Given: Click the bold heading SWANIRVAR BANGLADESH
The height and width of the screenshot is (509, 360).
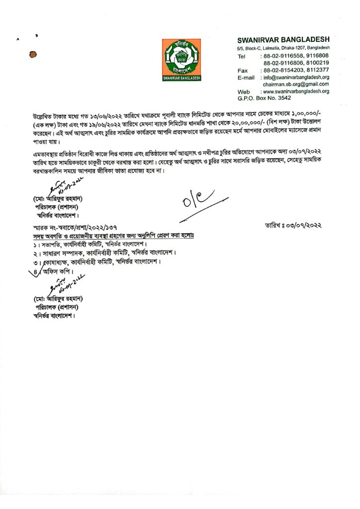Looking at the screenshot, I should pos(283,39).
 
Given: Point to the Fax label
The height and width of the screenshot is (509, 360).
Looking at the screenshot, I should pos(242,70).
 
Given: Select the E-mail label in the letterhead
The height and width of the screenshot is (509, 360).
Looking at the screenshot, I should pos(246,78).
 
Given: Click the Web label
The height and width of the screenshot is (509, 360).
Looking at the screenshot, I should pos(243,92).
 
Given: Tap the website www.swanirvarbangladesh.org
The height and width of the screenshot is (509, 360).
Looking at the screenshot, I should pos(295,92).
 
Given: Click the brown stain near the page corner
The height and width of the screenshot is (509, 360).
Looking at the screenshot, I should pos(33,53).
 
